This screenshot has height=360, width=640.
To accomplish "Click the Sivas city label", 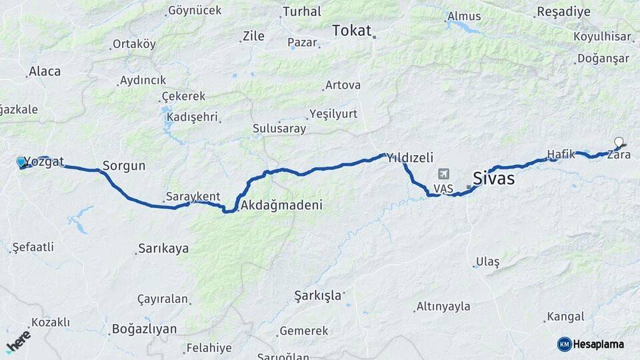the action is pos(493,178).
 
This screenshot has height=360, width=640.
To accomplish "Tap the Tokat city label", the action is pos(351,30).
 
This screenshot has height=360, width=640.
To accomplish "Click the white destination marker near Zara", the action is pos(619,142).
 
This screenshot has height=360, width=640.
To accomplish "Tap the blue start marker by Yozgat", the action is pos(21,161).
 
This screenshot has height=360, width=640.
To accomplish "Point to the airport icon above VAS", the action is pos(443,174).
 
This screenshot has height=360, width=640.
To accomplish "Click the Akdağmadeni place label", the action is pos(282,205).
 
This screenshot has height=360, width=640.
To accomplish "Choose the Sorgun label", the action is pos(123,165).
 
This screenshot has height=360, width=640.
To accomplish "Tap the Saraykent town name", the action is pos(193,197).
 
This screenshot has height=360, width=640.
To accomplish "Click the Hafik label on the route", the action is pos(561,154).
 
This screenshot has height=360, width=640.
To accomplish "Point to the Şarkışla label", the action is pos(318,294).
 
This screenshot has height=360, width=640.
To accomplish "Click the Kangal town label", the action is pos(565,317).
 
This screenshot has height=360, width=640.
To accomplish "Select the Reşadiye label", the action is pos(563,12).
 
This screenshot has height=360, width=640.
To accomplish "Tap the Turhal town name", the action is pos(301,11).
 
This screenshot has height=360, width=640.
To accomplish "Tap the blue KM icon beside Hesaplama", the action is pos(564,344).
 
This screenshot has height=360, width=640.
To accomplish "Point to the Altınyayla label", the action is pos(443,307).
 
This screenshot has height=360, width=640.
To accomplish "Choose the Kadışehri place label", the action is pos(192,117).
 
